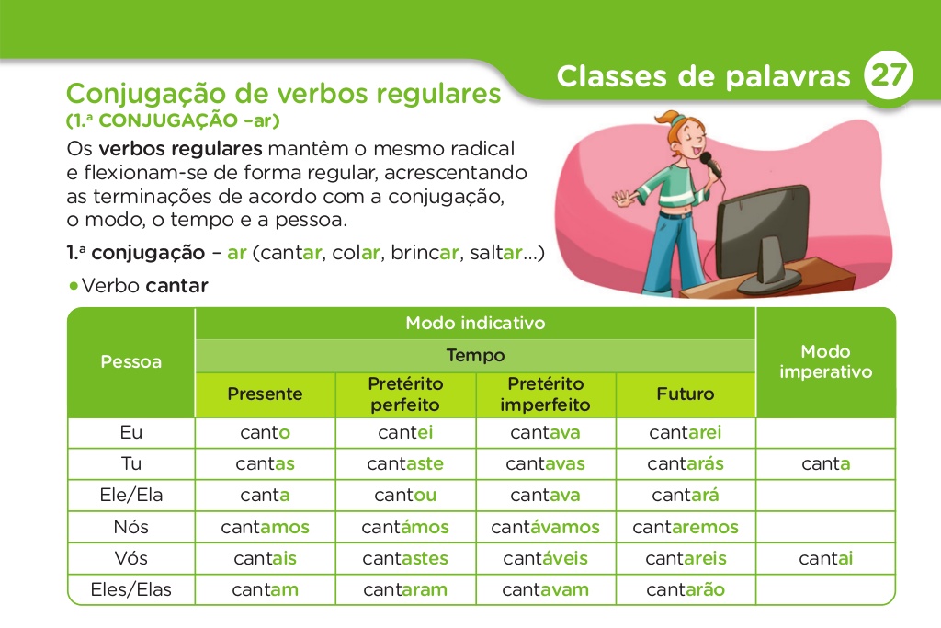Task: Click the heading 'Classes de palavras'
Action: click(704, 76)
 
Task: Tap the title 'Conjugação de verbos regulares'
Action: click(284, 94)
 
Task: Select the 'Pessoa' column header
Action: click(130, 361)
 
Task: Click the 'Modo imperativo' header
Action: click(825, 361)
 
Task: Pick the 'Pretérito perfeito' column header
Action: click(405, 394)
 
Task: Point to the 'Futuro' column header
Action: click(686, 394)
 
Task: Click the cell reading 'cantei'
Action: click(405, 432)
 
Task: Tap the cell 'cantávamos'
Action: click(545, 527)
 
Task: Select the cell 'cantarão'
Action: click(686, 589)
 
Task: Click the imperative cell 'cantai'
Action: click(825, 558)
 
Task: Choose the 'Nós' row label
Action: click(130, 527)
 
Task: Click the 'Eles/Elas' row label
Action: click(130, 589)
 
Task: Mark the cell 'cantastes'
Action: click(405, 558)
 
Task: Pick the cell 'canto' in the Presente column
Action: click(265, 432)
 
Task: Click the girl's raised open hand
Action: click(624, 199)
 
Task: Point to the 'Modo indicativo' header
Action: click(475, 323)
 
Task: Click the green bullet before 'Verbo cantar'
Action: click(74, 286)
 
